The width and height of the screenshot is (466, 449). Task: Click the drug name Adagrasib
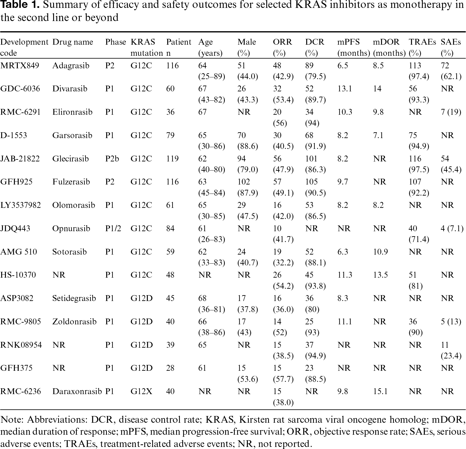coord(71,66)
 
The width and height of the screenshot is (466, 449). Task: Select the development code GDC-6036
coord(20,89)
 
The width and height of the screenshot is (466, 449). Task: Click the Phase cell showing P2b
coord(112,159)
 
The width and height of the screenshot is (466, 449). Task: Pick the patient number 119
coord(172,159)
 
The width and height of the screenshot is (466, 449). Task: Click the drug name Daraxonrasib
coord(77,391)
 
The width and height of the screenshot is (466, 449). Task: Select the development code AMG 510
coord(19,252)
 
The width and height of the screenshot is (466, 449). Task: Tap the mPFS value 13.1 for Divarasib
coord(345,89)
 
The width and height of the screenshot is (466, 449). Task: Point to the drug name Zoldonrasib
coord(74,321)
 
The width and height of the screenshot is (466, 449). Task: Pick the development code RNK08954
coord(21,345)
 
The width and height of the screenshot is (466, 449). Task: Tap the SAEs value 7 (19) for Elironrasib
coord(451,112)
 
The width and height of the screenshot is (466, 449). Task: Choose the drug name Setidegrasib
coord(74,298)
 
